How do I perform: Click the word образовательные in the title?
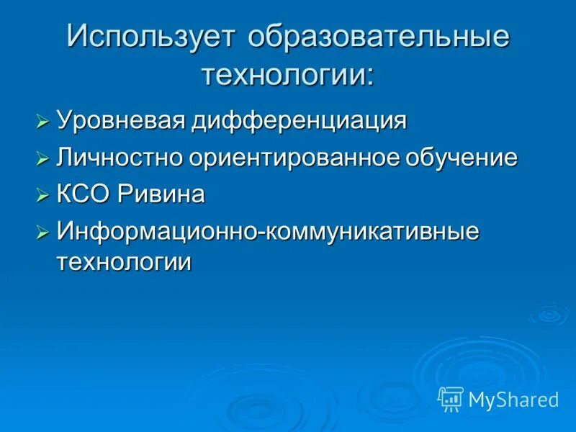point(379,38)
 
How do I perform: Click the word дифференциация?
point(298,120)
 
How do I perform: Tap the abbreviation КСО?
point(84,194)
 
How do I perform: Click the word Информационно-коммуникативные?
point(268,232)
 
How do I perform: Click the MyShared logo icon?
point(451,398)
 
